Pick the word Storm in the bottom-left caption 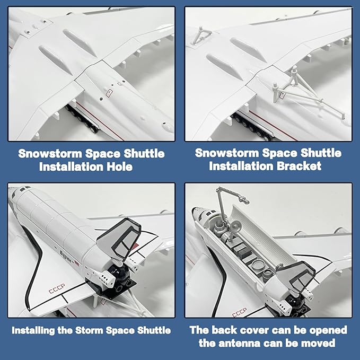click(x=99, y=330)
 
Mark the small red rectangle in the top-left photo click(x=109, y=92)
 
